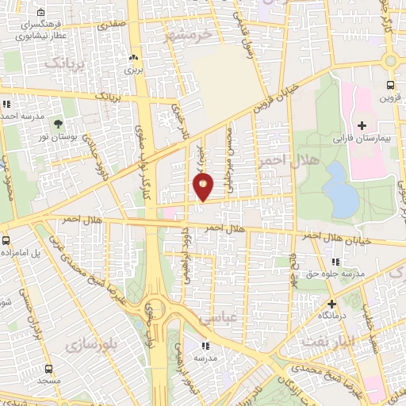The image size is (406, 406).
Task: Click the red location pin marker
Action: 203,187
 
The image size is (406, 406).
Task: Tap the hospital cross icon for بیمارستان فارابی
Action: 362,125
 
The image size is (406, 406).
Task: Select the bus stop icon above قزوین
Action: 390,86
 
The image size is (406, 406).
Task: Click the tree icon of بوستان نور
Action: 59,122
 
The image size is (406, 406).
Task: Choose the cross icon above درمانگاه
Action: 331,303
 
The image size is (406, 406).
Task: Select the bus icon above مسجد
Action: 49,369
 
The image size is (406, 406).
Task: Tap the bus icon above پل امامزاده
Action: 6,239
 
